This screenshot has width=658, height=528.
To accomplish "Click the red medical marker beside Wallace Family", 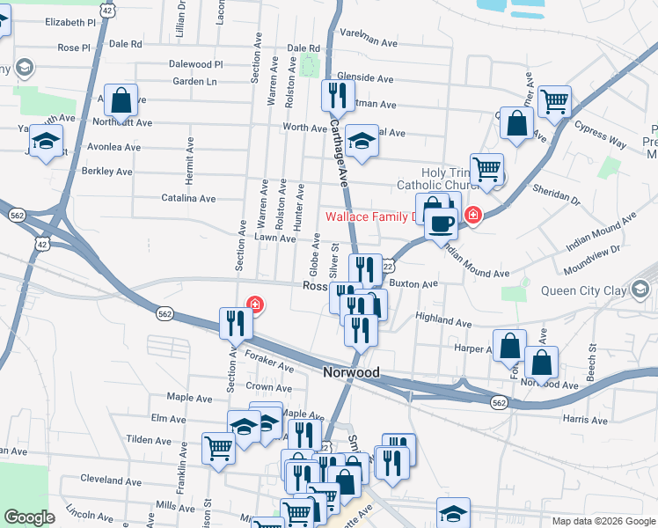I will [x=473, y=215].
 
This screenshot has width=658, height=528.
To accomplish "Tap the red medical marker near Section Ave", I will [x=255, y=304].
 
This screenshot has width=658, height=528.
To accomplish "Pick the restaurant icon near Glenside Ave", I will [x=339, y=94].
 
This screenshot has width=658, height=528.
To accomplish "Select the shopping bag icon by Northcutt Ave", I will [x=121, y=101].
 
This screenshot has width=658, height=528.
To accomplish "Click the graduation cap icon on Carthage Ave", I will [x=360, y=140].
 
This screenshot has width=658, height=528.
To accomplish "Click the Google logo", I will [x=30, y=517].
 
